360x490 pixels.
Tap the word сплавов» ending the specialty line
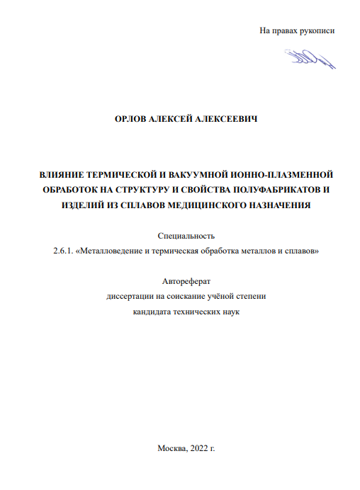click(x=303, y=251)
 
